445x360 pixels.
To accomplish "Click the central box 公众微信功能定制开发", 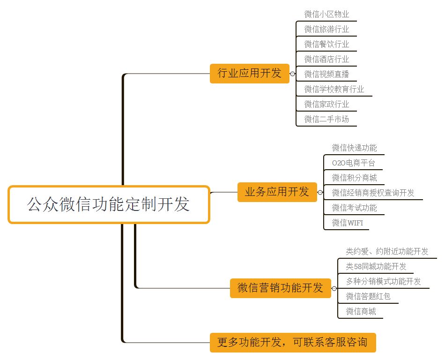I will point(109,205).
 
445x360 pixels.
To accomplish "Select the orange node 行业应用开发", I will point(250,73).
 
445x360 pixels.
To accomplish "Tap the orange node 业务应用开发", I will point(277,192).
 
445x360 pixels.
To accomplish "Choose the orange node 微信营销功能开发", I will point(280,288).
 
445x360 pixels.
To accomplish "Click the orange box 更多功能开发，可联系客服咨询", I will point(293,342).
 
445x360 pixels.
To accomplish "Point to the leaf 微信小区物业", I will point(326,15).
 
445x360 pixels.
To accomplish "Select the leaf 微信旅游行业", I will point(326,29).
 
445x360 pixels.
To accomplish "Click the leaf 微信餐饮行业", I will point(326,44).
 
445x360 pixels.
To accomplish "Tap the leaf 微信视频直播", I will point(326,74).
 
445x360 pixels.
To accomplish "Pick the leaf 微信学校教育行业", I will point(334,89).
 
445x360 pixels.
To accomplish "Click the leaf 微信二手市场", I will point(326,119).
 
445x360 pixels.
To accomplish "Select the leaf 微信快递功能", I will point(354,148).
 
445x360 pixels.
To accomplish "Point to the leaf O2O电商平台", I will point(353,163).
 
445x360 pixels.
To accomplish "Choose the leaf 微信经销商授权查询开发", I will point(373,193).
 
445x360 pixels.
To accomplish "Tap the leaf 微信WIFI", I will point(347,223).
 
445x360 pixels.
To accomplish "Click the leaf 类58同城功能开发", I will point(376,267).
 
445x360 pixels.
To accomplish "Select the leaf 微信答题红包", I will point(368,296).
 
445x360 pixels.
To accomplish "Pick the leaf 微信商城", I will point(361,311).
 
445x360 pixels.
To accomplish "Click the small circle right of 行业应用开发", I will point(293,74).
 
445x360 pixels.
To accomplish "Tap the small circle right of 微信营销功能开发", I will point(334,288).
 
